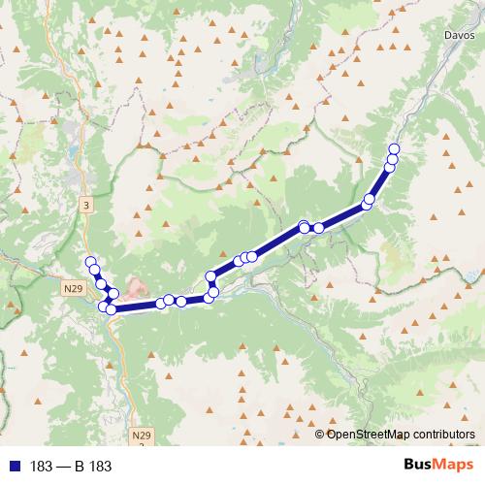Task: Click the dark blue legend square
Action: click(x=9, y=467)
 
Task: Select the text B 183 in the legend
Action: click(x=92, y=467)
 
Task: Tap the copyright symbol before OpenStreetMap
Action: click(x=320, y=434)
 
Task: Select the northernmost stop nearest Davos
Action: click(x=394, y=148)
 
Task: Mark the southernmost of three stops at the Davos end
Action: click(x=390, y=167)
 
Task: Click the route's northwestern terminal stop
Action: click(x=91, y=262)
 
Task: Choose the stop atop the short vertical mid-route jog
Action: click(x=210, y=277)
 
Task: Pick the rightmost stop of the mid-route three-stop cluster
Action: click(x=251, y=256)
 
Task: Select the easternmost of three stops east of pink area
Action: click(x=181, y=302)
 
